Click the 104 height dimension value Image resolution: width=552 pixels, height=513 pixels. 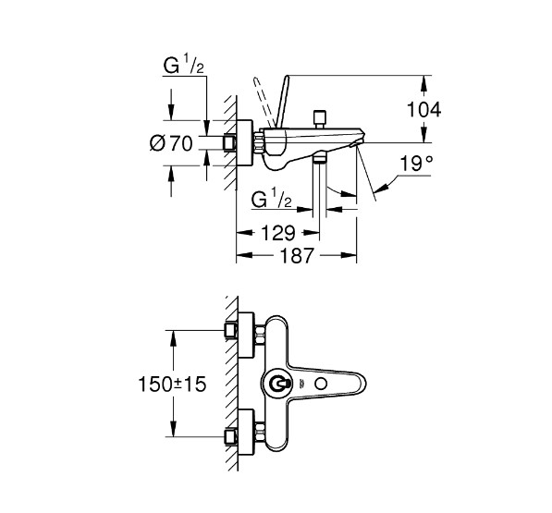[423, 108]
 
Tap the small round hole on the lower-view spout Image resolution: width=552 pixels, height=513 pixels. [320, 382]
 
